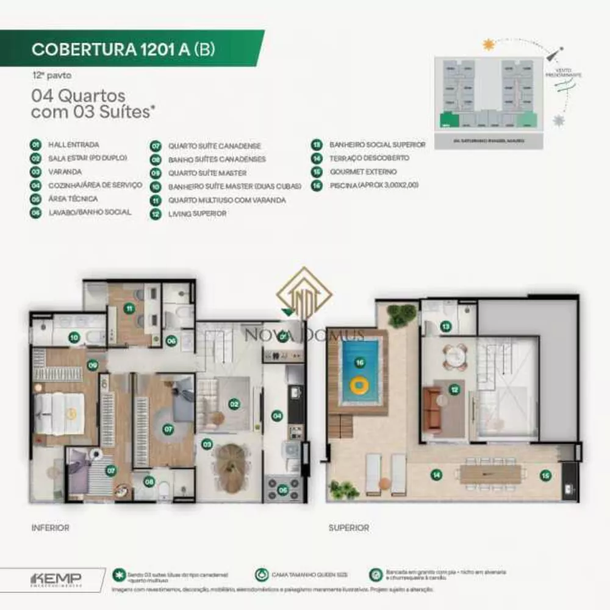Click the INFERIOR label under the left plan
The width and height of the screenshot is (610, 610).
tap(50, 528)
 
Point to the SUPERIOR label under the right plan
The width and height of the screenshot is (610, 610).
tap(348, 528)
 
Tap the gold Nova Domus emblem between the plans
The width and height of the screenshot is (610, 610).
tap(304, 296)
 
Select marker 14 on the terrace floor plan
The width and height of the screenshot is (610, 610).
tap(436, 475)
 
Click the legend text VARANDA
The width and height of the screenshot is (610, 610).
tap(65, 172)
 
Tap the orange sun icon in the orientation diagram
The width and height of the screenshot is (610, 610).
tap(487, 45)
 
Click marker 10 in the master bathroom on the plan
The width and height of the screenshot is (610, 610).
tap(74, 336)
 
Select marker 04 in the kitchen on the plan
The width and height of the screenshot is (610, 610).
tap(277, 416)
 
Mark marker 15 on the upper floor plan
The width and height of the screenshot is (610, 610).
tap(545, 474)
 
